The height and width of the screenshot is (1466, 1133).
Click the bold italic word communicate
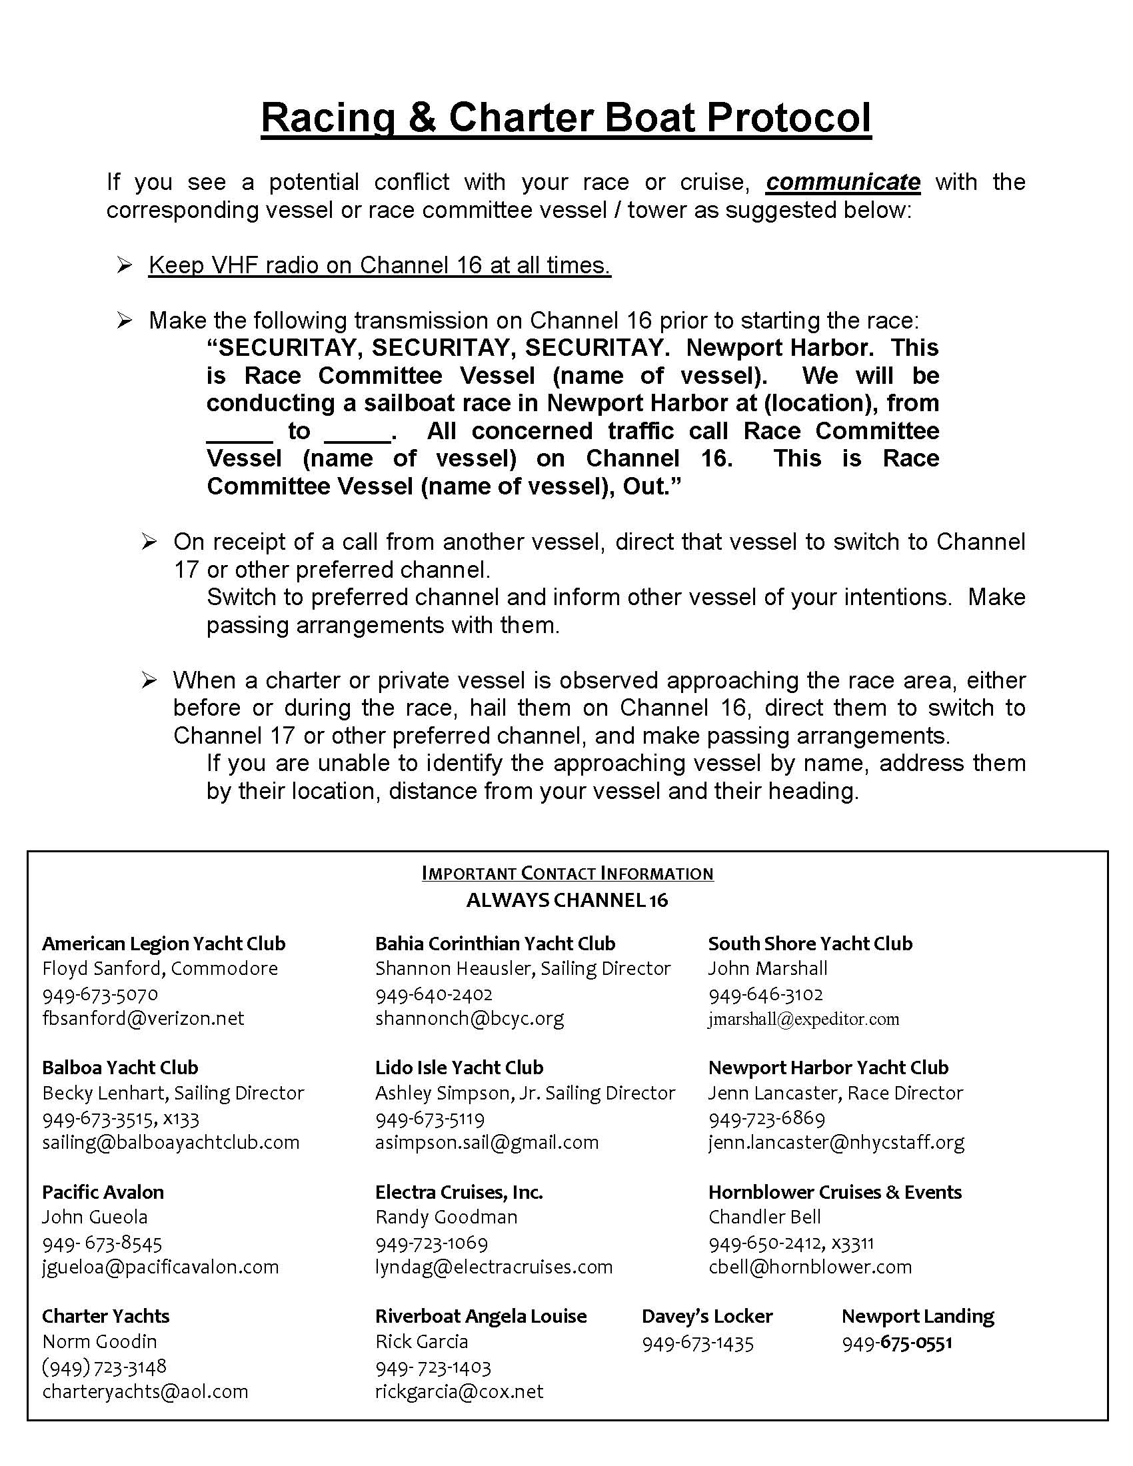pos(843,182)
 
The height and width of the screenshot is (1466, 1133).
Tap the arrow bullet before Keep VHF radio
pos(124,266)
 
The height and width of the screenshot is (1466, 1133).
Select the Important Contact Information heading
pos(567,874)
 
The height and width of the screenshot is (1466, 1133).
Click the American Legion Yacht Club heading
pos(164,944)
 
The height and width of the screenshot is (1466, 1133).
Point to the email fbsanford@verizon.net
pos(143,1018)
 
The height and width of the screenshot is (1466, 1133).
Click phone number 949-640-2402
pos(434,994)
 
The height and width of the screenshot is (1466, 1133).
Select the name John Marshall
pos(767,969)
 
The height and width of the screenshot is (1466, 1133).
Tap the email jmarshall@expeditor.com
pos(803,1019)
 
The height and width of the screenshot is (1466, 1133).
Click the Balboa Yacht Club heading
pos(120,1068)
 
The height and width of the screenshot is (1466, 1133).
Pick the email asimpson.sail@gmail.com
pos(487,1142)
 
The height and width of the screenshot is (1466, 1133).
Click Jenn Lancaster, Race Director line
pos(835,1093)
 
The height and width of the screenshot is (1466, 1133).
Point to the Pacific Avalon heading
pos(103,1192)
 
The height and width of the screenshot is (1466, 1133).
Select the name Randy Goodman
pos(447,1217)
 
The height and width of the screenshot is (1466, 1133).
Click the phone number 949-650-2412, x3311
pos(790,1243)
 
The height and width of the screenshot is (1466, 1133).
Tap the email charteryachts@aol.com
pos(145,1391)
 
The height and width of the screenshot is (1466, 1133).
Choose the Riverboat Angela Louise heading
pos(481,1316)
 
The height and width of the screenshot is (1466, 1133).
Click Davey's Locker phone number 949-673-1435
pos(697,1343)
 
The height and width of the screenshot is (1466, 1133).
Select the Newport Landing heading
pos(918,1316)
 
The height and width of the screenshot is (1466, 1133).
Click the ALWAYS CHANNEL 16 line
pos(567,900)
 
